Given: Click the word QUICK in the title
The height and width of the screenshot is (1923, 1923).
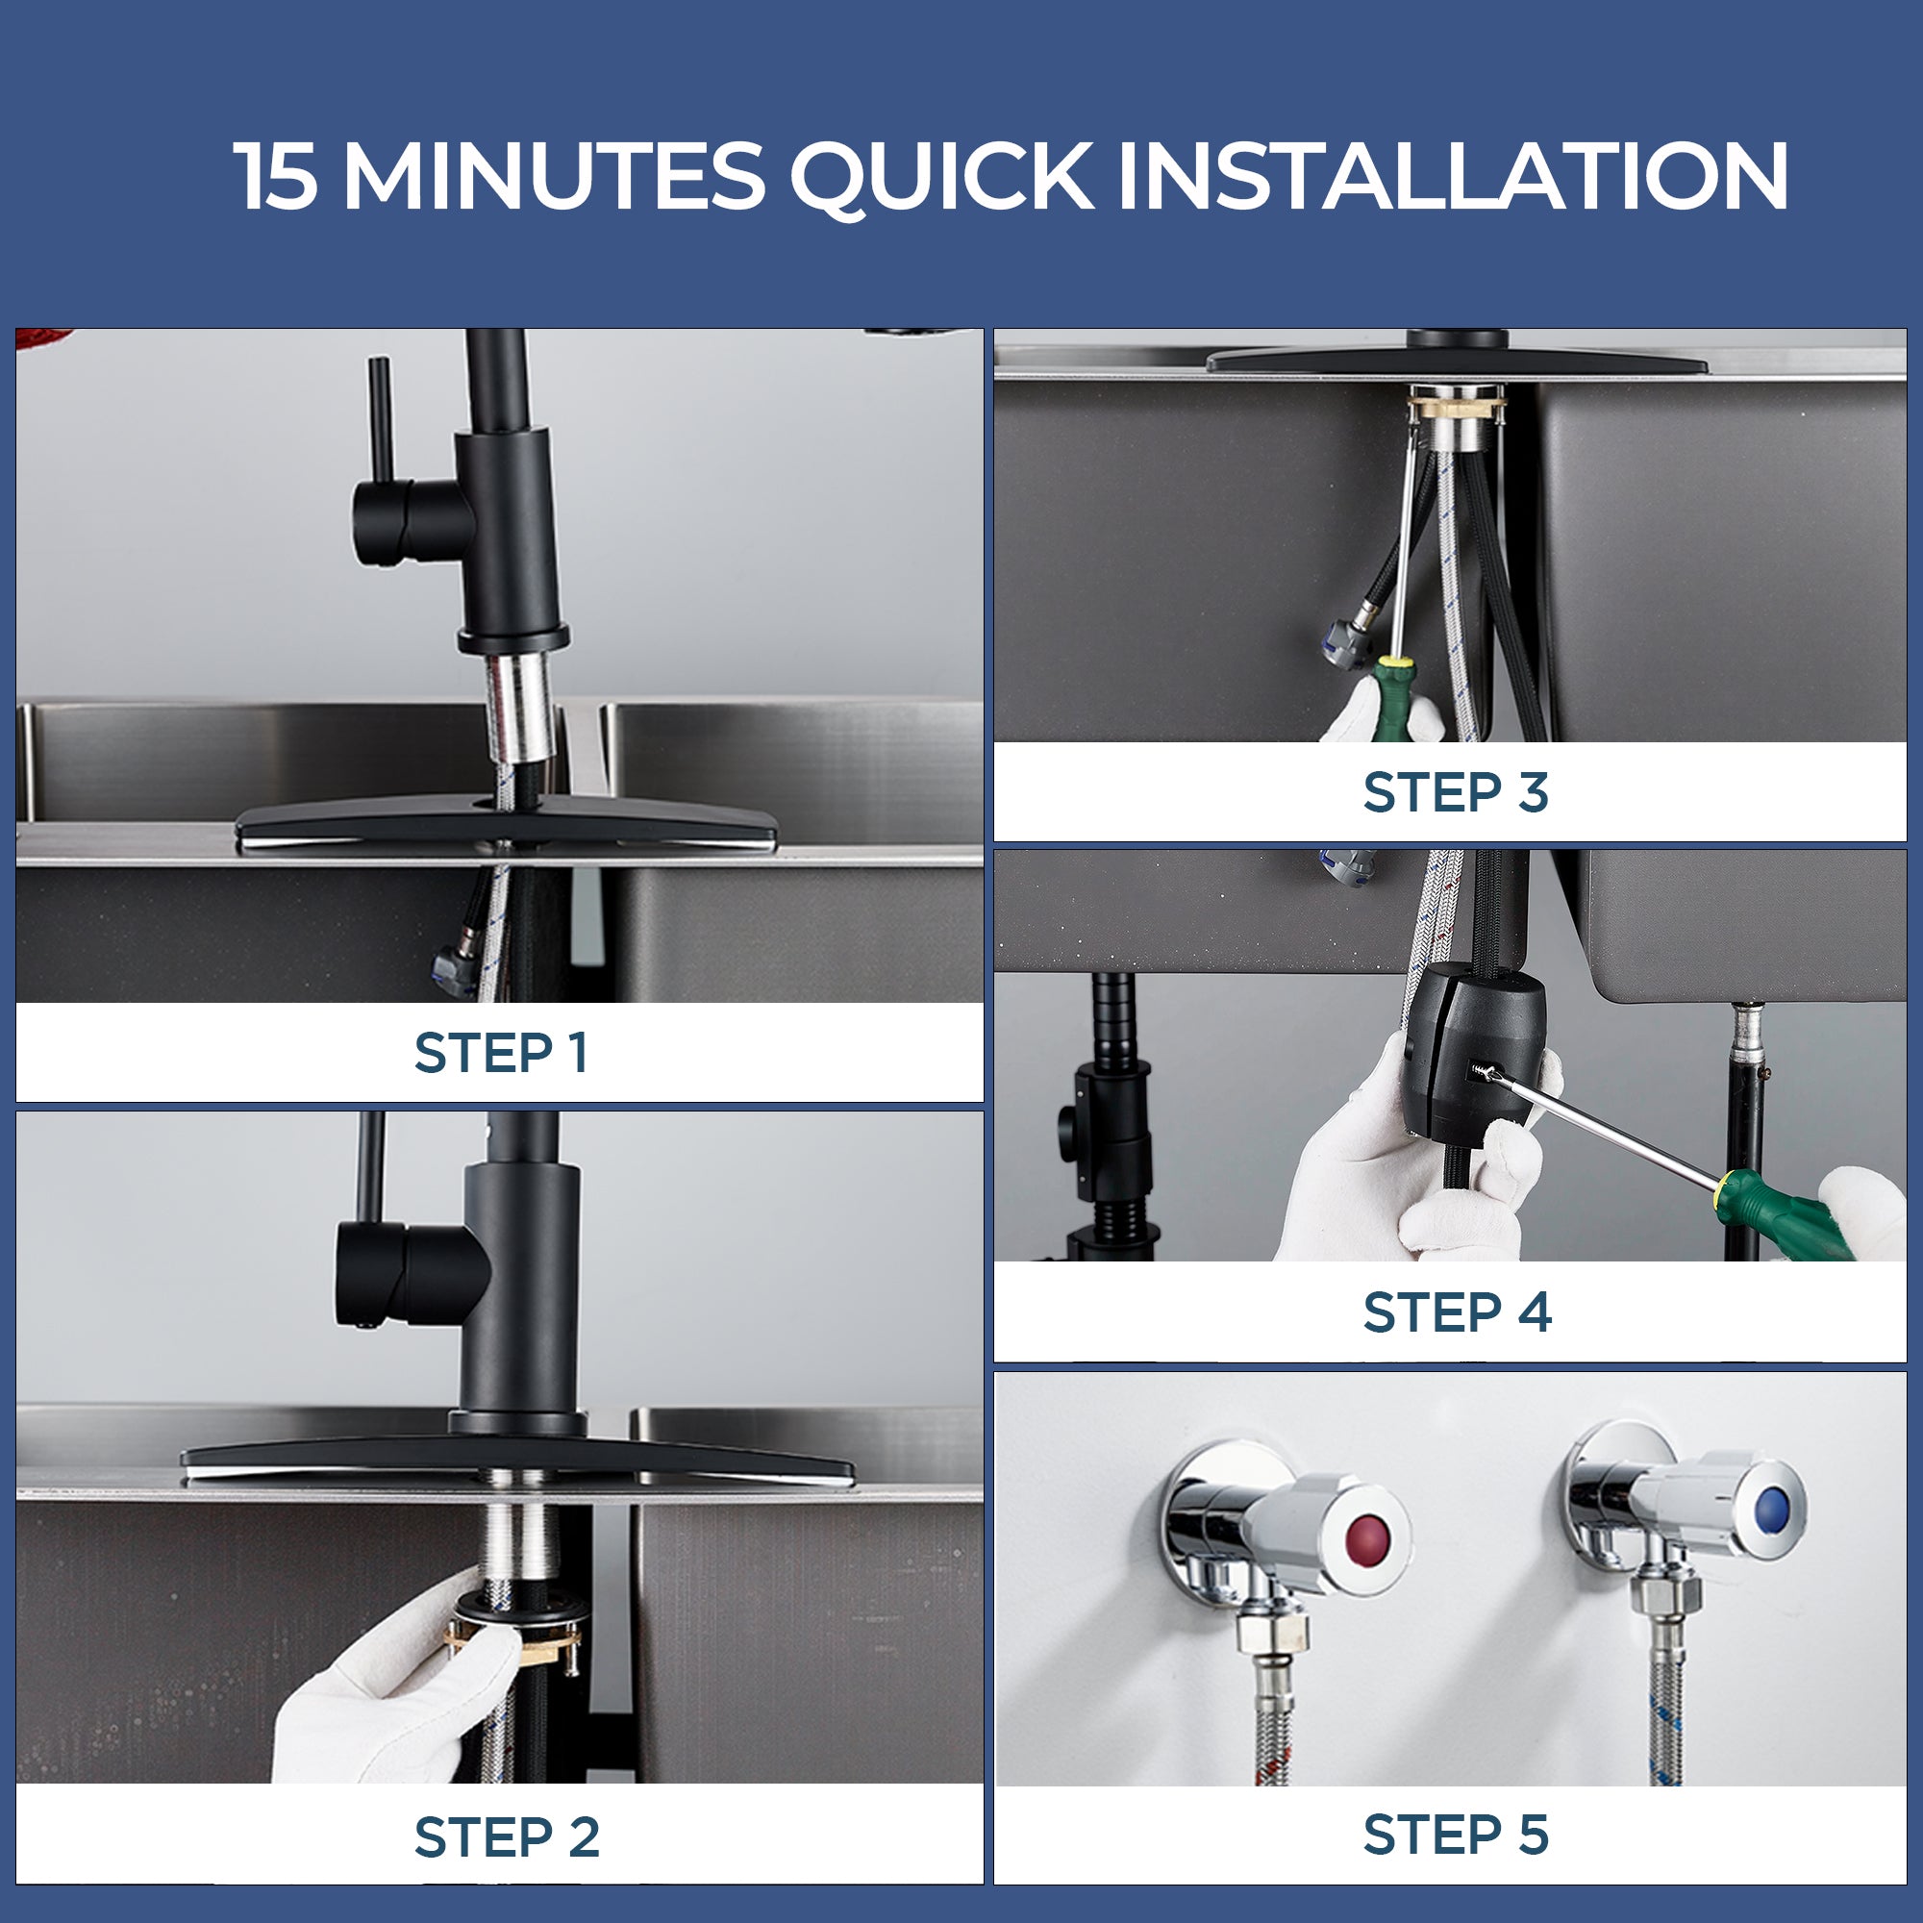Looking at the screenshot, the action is pyautogui.click(x=941, y=177).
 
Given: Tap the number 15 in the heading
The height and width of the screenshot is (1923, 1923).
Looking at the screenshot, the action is pyautogui.click(x=277, y=175).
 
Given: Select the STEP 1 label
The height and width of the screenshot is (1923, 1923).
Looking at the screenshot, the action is pyautogui.click(x=501, y=1053).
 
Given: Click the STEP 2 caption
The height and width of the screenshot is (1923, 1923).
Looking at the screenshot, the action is pyautogui.click(x=507, y=1836).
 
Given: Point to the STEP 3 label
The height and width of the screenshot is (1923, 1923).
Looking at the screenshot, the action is pyautogui.click(x=1455, y=792).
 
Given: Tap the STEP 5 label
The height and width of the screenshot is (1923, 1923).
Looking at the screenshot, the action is pyautogui.click(x=1456, y=1835).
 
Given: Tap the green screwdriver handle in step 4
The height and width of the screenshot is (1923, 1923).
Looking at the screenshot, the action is pyautogui.click(x=1783, y=1213).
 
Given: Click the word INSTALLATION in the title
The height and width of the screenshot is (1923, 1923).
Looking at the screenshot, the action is pyautogui.click(x=1452, y=175).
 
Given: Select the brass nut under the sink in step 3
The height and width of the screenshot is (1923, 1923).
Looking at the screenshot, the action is pyautogui.click(x=1456, y=405).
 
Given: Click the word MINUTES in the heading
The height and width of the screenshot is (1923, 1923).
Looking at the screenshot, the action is pyautogui.click(x=554, y=175).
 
